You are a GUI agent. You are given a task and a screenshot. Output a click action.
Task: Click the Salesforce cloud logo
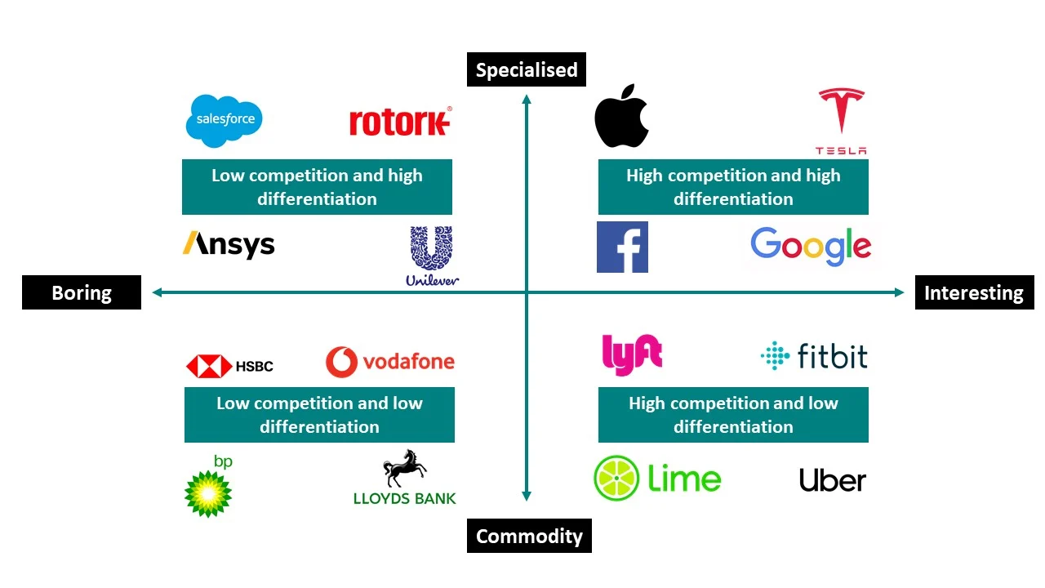pyautogui.click(x=225, y=121)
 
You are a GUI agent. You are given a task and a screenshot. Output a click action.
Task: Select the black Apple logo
pyautogui.click(x=621, y=116)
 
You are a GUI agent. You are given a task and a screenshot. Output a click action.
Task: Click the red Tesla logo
pyautogui.click(x=841, y=120)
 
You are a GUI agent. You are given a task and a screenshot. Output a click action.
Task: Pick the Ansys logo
pyautogui.click(x=229, y=244)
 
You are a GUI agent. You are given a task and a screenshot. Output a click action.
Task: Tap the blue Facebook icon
pyautogui.click(x=622, y=247)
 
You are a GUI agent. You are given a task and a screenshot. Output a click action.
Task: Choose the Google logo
pyautogui.click(x=811, y=246)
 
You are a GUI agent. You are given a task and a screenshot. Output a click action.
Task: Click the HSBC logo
pyautogui.click(x=229, y=366)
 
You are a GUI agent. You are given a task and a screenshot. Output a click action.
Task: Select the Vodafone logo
pyautogui.click(x=390, y=362)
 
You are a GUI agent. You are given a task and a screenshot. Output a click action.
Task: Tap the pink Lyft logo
pyautogui.click(x=631, y=355)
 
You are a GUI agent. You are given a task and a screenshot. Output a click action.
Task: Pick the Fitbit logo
pyautogui.click(x=814, y=357)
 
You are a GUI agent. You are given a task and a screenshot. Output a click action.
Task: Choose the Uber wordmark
pyautogui.click(x=833, y=480)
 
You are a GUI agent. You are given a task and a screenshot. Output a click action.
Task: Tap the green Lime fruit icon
pyautogui.click(x=617, y=479)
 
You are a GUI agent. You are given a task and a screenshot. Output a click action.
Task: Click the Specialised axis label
pyautogui.click(x=527, y=70)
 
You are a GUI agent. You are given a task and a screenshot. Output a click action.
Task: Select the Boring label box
pyautogui.click(x=82, y=292)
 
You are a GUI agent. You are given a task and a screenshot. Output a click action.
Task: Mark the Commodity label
pyautogui.click(x=529, y=537)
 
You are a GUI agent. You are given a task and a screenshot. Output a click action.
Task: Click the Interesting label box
pyautogui.click(x=974, y=292)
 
